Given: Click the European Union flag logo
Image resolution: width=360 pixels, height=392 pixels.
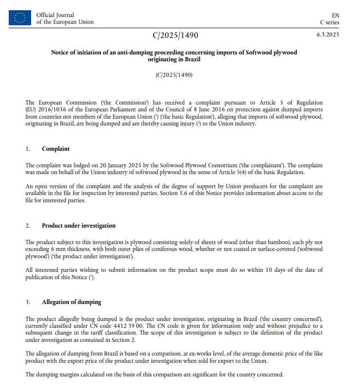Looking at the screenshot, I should click(19, 18).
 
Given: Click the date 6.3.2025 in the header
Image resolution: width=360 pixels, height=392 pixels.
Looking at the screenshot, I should click(328, 35).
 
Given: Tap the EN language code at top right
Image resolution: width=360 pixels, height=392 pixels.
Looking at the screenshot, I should click(335, 16).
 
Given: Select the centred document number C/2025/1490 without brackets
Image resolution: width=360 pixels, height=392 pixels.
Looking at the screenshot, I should click(175, 35).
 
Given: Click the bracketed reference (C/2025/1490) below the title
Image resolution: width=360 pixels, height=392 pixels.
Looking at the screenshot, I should click(174, 75).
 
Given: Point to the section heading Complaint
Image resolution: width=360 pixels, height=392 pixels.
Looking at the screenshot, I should click(56, 149).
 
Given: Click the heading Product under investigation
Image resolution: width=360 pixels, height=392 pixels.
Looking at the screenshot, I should click(79, 226).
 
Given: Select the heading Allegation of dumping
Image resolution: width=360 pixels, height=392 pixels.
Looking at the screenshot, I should click(71, 302).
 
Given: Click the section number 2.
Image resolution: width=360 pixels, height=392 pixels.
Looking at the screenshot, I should click(28, 226).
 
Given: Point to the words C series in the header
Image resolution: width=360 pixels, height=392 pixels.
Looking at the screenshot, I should click(329, 22).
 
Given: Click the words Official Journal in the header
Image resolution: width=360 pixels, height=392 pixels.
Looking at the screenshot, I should click(55, 15).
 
